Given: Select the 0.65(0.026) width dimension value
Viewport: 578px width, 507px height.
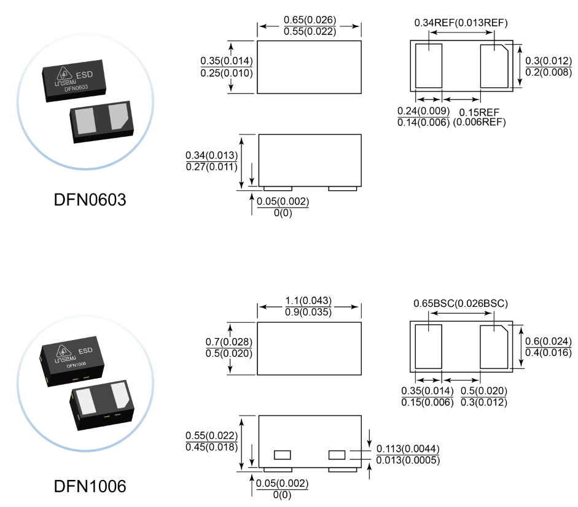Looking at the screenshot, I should [310, 20].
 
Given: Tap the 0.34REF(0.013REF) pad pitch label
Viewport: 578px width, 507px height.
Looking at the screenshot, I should [461, 23].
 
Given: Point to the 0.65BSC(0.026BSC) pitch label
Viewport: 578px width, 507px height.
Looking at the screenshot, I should [461, 303].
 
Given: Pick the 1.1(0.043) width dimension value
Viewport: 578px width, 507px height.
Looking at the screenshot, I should [308, 301].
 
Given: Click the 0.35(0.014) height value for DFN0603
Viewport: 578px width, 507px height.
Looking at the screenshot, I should [227, 61].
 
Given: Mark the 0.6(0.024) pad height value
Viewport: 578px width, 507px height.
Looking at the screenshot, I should [549, 341].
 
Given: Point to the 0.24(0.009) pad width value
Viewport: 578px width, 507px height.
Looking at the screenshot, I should [423, 111].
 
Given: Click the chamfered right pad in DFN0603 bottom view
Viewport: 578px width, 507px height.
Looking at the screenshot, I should [494, 66].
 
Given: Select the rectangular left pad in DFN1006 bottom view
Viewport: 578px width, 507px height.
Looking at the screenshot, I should [428, 346].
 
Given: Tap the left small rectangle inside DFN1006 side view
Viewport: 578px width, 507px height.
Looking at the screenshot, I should [282, 455].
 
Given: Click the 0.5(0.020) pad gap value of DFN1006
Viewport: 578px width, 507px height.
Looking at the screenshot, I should [483, 392].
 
